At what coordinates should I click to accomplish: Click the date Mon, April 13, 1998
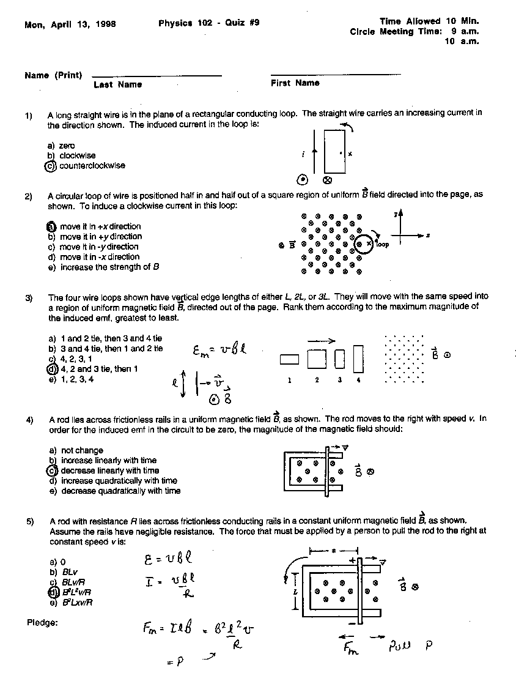tap(70, 24)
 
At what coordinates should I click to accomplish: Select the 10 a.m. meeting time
tap(465, 42)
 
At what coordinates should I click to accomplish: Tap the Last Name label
tap(117, 84)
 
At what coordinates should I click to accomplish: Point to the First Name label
tap(295, 83)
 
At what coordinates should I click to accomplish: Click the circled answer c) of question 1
tap(51, 166)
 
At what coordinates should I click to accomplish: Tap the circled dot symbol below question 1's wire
tap(301, 180)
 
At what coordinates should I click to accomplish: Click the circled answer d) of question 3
tap(52, 369)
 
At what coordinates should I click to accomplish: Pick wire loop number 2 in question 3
tap(317, 358)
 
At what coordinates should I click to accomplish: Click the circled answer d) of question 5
tap(53, 592)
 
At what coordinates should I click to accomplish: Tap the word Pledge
tap(42, 623)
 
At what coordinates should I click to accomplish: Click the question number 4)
tap(29, 420)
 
